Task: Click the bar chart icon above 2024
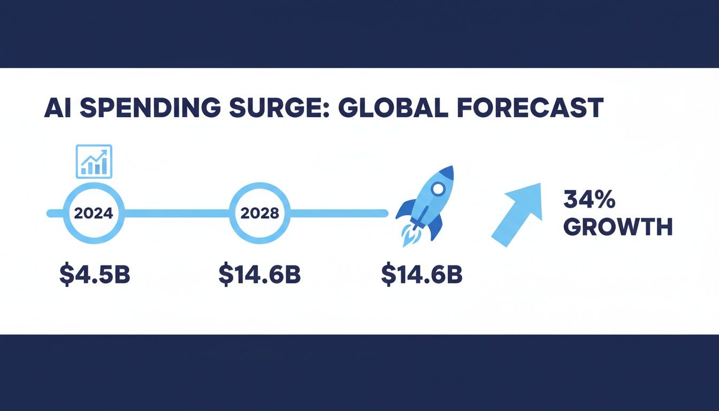point(94,161)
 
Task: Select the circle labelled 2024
point(94,213)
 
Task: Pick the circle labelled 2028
point(260,213)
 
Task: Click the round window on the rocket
point(438,189)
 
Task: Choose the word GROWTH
point(618,227)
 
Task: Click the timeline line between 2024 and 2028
point(177,214)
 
